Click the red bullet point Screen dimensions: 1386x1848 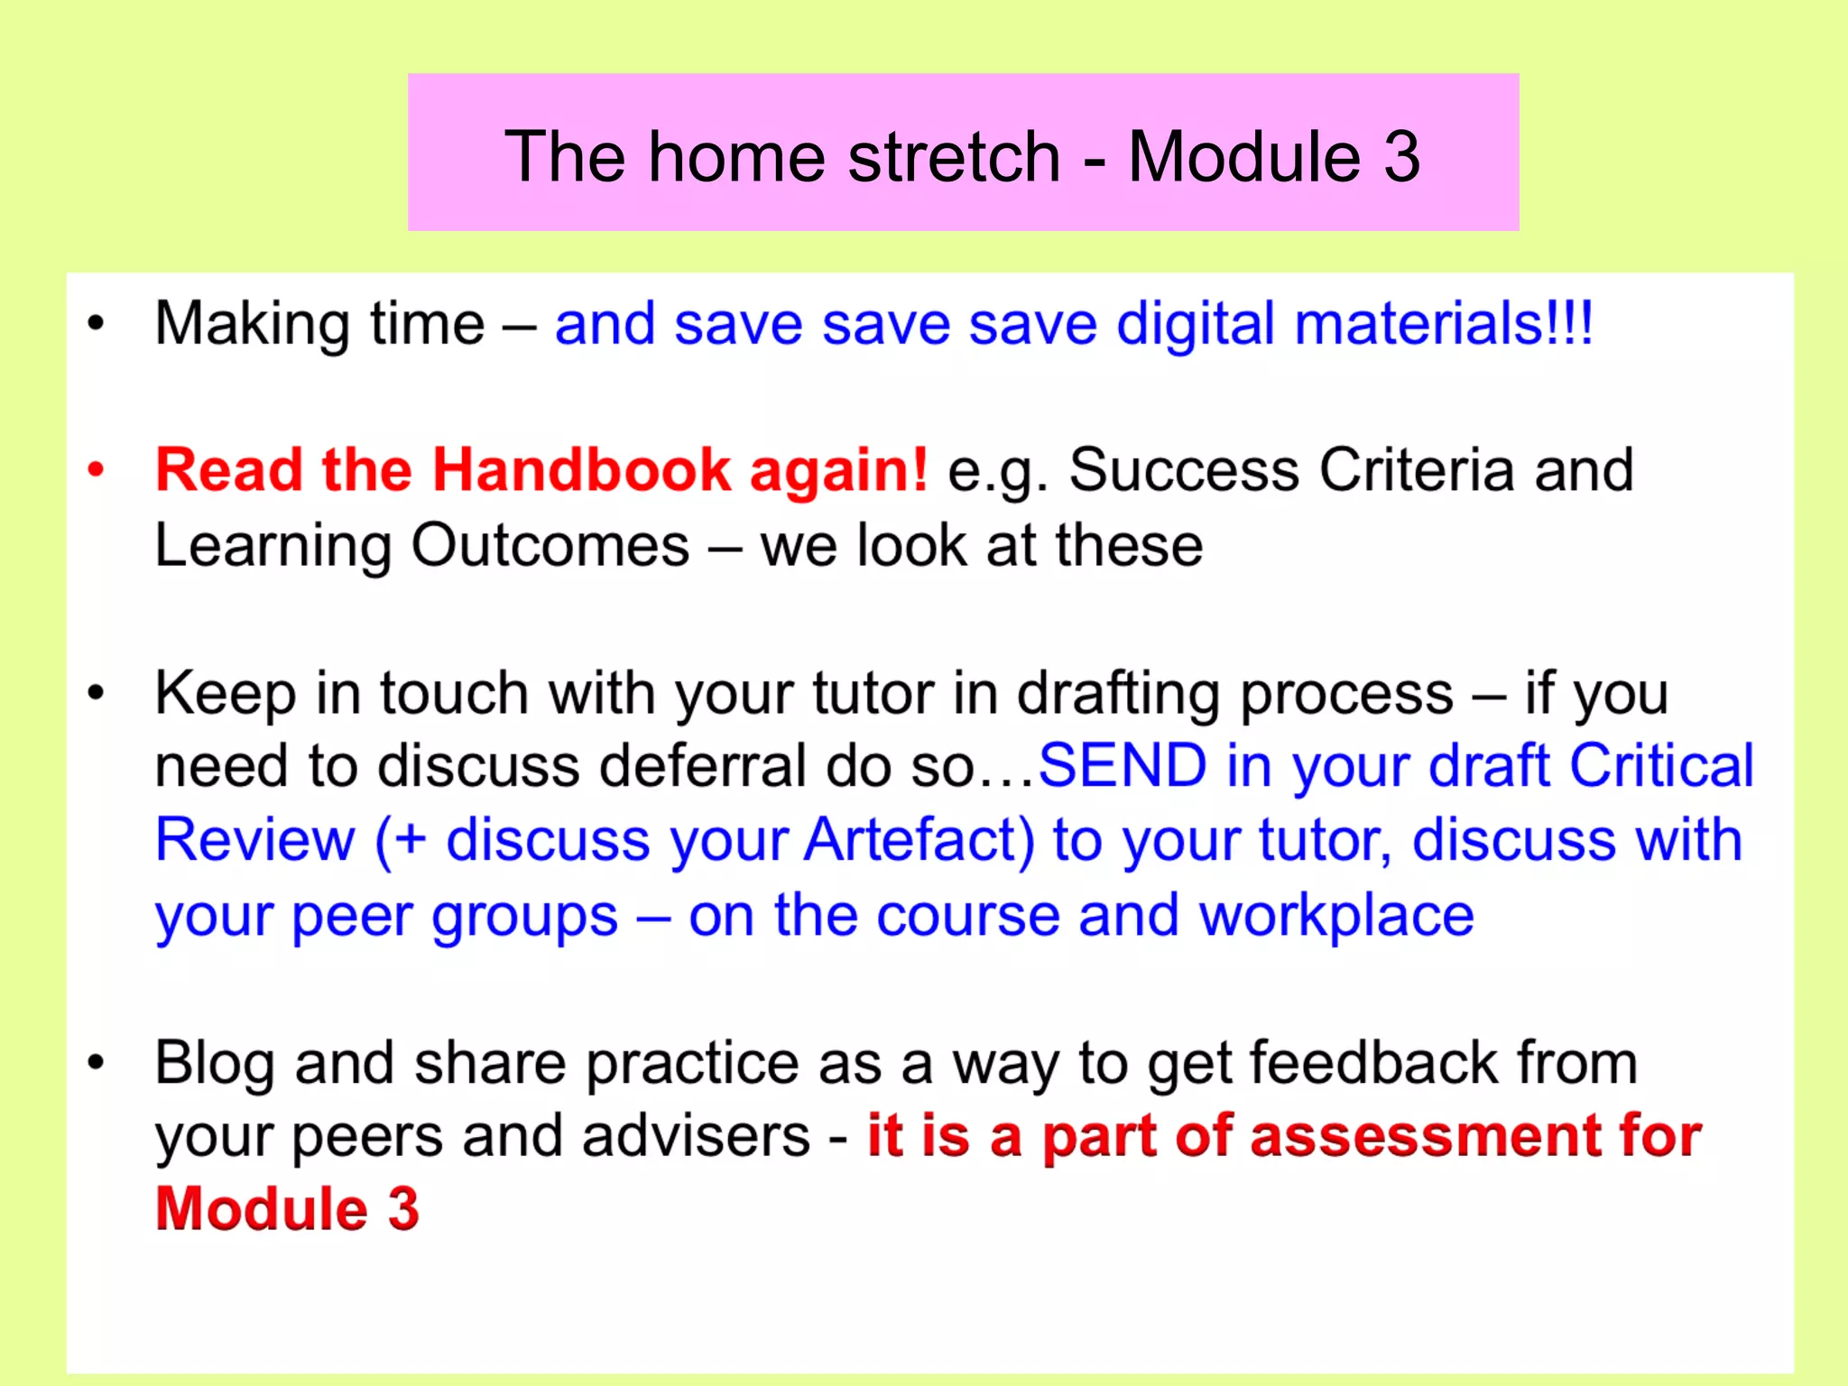coord(96,470)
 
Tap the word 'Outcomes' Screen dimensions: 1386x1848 coord(550,546)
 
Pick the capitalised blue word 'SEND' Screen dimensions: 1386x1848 coord(1122,766)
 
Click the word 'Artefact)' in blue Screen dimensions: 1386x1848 coord(919,840)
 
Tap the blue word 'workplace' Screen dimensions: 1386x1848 coord(1336,915)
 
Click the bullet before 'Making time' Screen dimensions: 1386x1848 coord(96,324)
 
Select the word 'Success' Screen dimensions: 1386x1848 coord(1184,470)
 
